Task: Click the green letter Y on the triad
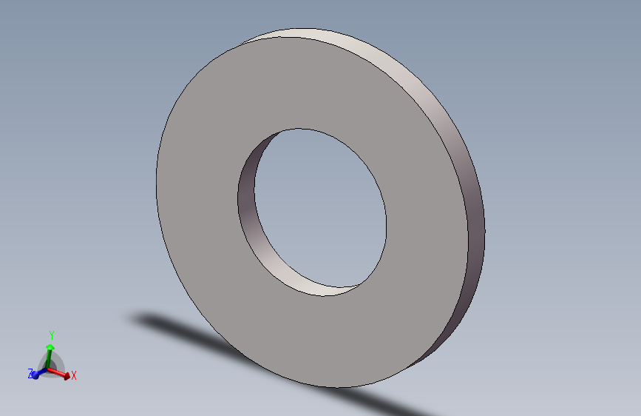(52, 335)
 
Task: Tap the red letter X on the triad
(74, 375)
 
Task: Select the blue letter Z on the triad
(30, 373)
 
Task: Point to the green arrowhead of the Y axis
(50, 348)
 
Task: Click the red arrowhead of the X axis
(67, 376)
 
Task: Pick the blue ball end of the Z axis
(35, 375)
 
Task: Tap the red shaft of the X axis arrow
(55, 372)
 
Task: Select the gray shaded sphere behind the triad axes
(51, 364)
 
